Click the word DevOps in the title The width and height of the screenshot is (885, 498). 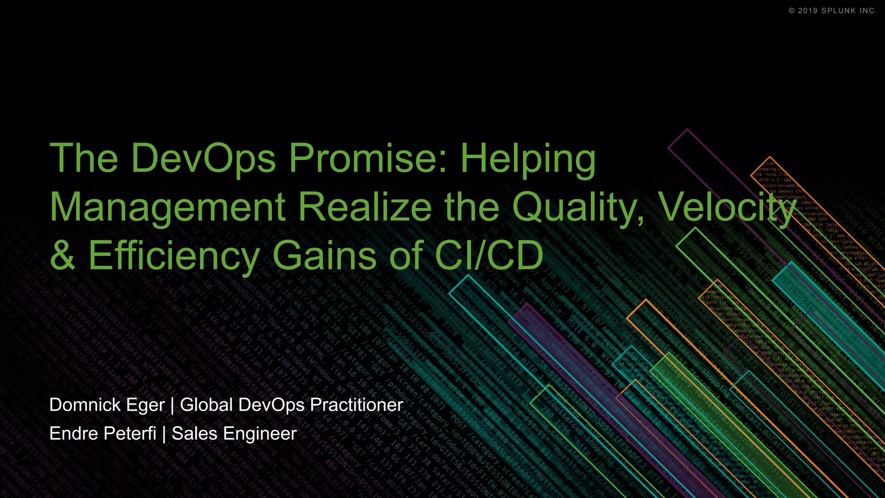(x=203, y=158)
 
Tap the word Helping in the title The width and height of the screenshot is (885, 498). (x=528, y=158)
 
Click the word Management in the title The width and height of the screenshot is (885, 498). (x=168, y=207)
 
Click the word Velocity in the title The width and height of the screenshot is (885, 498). (x=729, y=207)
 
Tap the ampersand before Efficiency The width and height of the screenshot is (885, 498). (x=63, y=255)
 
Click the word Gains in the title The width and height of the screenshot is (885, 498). (x=325, y=255)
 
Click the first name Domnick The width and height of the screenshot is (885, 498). (x=85, y=405)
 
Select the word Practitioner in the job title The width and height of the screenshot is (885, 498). (x=357, y=405)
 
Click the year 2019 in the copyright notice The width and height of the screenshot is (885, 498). (x=808, y=11)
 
